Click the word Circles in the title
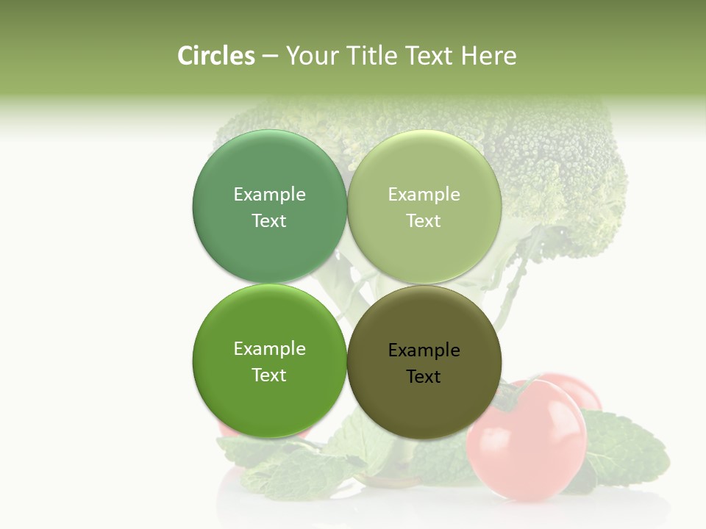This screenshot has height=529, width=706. (x=215, y=56)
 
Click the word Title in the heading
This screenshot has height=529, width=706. (x=375, y=56)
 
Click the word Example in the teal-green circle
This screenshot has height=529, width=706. (x=269, y=195)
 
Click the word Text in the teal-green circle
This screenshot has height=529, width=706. (x=269, y=221)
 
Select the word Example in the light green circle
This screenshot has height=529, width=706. (x=424, y=195)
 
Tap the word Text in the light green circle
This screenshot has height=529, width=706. (x=424, y=221)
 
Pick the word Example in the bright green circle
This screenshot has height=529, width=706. (x=269, y=349)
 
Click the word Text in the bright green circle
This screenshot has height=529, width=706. (x=269, y=375)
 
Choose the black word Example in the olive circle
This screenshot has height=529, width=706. (x=424, y=350)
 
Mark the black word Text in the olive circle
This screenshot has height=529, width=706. (x=424, y=377)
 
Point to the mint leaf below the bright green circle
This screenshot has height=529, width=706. (x=294, y=470)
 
